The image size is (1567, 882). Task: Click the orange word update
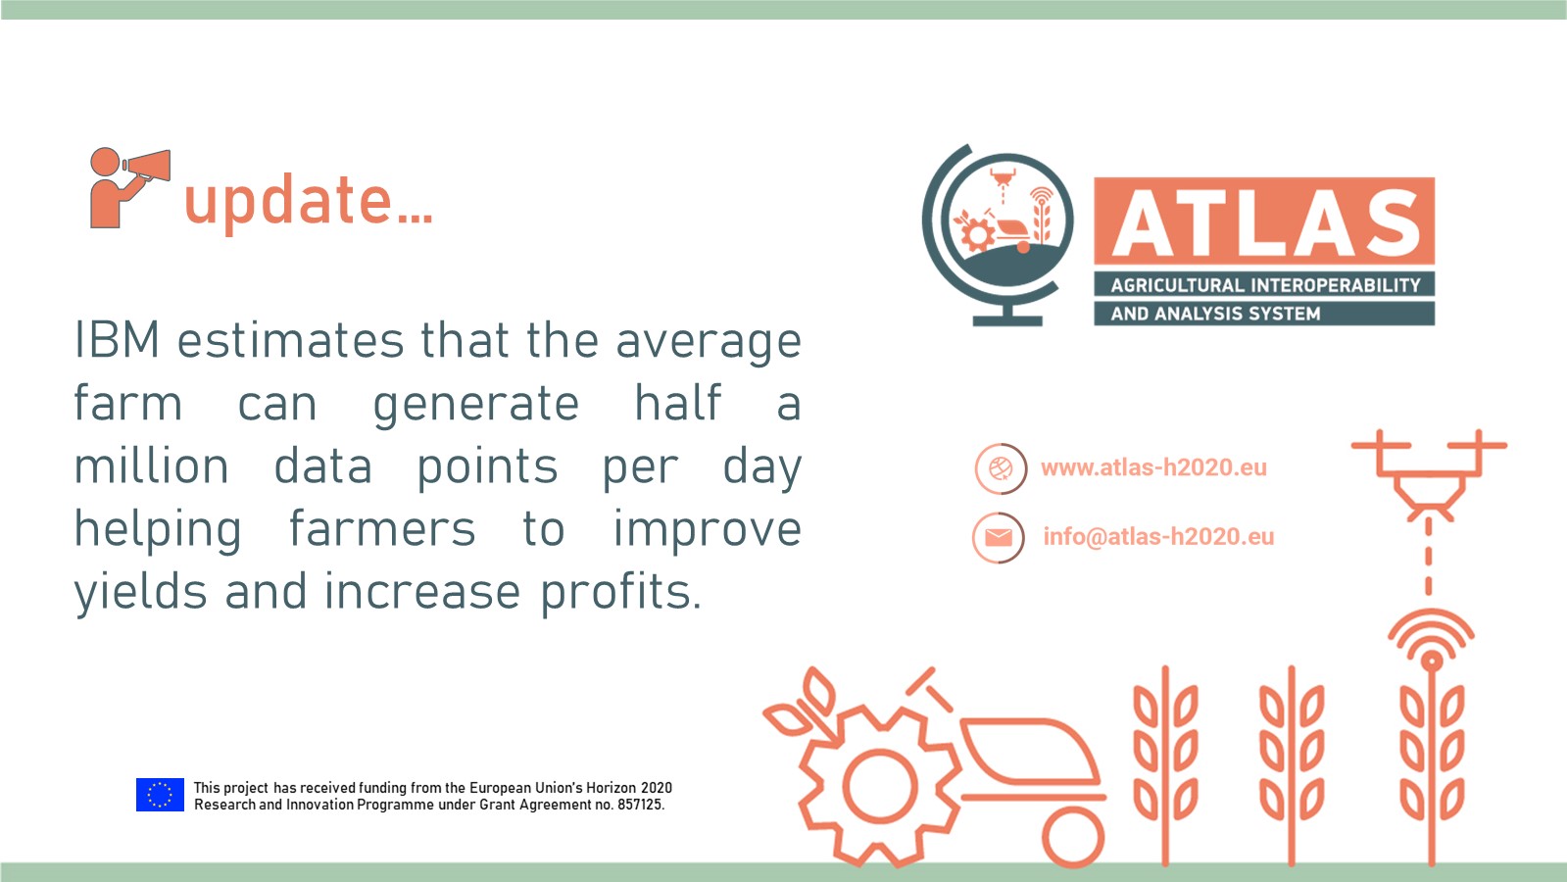308,202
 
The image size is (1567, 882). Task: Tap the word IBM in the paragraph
117,340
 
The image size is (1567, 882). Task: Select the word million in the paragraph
151,465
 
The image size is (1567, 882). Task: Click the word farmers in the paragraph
382,529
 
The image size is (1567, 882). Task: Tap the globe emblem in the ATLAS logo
999,235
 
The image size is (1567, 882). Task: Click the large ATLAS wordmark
1265,223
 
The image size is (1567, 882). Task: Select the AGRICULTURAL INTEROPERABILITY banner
1265,284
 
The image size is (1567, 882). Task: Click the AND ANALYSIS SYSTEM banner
1265,314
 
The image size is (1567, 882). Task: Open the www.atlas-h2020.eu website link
1153,467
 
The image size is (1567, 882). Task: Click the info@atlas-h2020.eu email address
1158,536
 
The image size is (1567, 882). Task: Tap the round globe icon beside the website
1002,468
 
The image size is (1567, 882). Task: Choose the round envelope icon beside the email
999,537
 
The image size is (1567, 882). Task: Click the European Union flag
160,795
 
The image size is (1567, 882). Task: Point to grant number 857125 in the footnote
639,805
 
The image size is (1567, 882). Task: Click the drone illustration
1429,475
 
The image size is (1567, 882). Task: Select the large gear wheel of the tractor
880,786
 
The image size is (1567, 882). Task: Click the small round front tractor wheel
1073,837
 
